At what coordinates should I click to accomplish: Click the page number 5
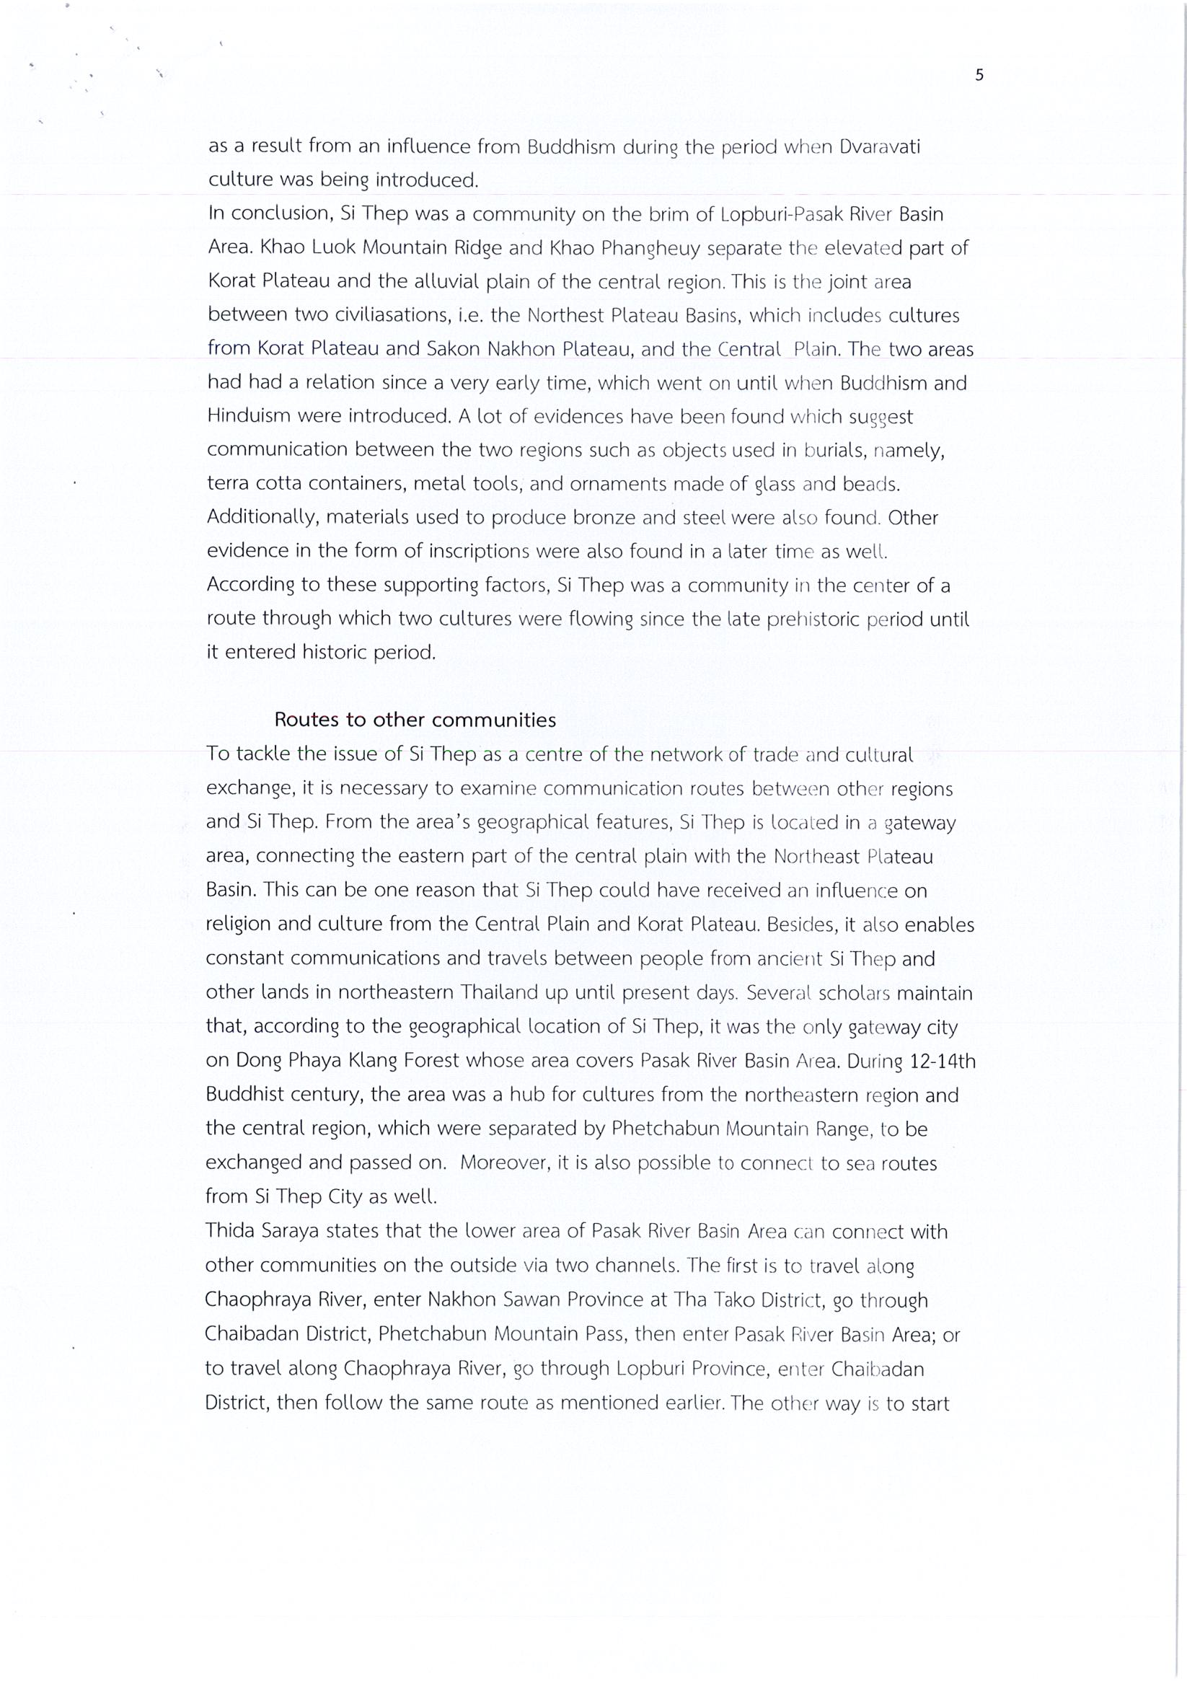tap(979, 75)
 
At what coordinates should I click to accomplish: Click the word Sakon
tap(453, 349)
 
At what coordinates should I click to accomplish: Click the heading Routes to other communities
tap(415, 720)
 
